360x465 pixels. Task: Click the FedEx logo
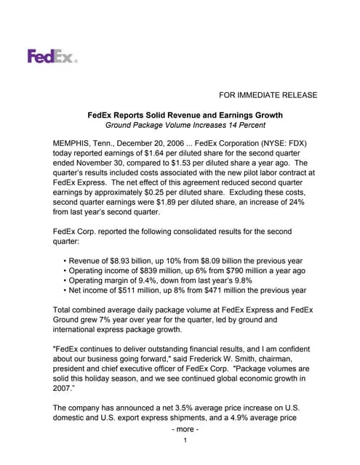(x=52, y=56)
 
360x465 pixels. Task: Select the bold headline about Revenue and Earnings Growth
(x=185, y=116)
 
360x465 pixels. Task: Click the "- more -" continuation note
(x=185, y=430)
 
